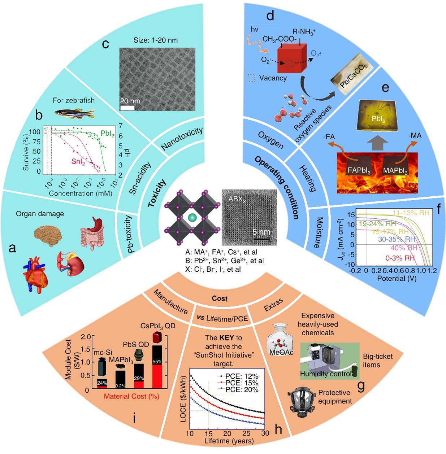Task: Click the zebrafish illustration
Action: click(x=74, y=113)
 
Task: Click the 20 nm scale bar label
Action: click(x=130, y=101)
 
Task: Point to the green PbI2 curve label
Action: click(x=107, y=134)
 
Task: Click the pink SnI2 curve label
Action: click(x=78, y=161)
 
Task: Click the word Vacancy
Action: click(x=273, y=78)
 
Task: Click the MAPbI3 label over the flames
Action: click(x=395, y=170)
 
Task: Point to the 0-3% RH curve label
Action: click(x=400, y=258)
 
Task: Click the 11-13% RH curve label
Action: click(x=411, y=213)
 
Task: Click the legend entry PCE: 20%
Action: click(x=242, y=390)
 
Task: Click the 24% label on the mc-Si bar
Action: click(x=102, y=383)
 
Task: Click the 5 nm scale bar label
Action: click(x=261, y=232)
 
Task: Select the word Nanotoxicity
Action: click(x=182, y=139)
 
